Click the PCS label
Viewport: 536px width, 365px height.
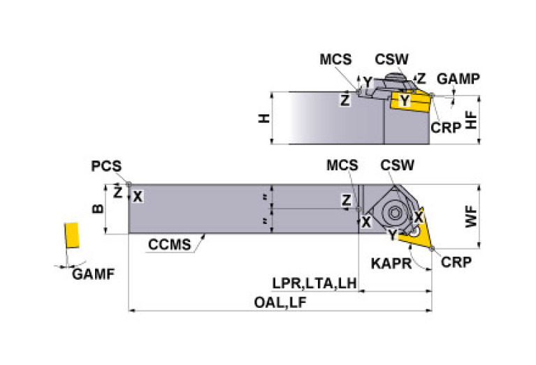coord(106,166)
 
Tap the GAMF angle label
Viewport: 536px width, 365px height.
coord(94,274)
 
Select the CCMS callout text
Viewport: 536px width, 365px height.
coord(170,244)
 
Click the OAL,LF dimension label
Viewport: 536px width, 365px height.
coord(280,302)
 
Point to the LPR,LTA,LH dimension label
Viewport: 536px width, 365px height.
coord(314,283)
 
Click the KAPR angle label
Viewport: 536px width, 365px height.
coord(391,264)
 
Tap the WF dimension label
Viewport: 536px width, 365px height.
coord(471,216)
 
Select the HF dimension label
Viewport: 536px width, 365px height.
coord(472,120)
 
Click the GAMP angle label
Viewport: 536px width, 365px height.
coord(458,79)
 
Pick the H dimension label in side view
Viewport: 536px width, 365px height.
coord(265,119)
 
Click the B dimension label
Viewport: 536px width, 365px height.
coord(98,208)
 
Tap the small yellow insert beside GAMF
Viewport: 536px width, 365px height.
coord(71,235)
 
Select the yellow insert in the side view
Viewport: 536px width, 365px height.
coord(410,101)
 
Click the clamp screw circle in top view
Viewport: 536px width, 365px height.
coord(394,214)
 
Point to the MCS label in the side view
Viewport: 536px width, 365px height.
coord(335,59)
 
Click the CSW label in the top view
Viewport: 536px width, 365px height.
coord(397,165)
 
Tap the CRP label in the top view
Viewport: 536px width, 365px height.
coord(456,262)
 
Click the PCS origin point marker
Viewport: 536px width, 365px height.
coord(129,184)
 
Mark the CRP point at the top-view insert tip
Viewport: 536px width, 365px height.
coord(432,248)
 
